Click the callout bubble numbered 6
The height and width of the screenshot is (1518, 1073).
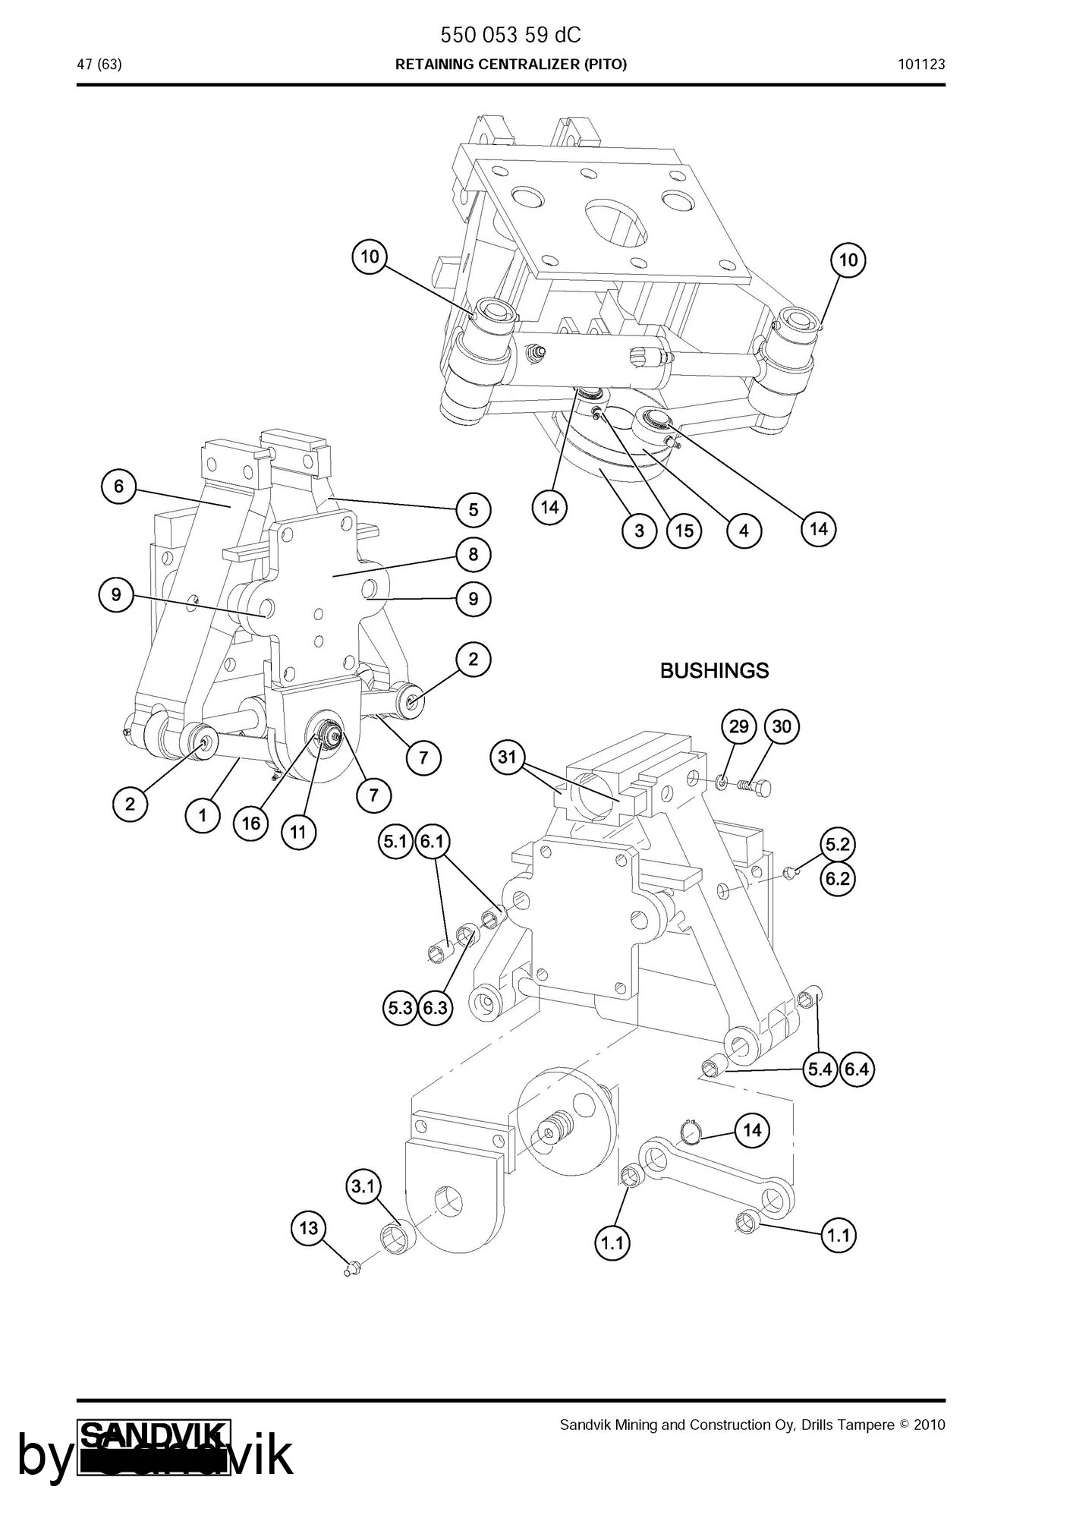click(x=118, y=486)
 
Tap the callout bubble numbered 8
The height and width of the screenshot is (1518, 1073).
click(x=474, y=555)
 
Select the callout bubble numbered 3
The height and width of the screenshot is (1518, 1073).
click(x=639, y=531)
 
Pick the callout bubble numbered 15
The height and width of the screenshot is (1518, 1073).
click(x=684, y=531)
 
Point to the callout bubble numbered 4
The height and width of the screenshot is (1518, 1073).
click(x=744, y=531)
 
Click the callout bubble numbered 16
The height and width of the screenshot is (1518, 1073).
click(x=251, y=823)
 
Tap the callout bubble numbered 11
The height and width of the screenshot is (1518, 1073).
click(x=298, y=832)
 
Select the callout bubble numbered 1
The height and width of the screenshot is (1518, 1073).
click(x=203, y=816)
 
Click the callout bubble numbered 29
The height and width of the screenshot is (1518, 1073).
click(x=738, y=727)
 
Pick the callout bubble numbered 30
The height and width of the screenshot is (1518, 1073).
click(x=782, y=727)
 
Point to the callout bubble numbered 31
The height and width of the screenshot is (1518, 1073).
click(x=508, y=757)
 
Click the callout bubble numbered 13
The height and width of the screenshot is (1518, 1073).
click(x=309, y=1228)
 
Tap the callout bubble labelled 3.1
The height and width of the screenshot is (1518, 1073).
click(x=363, y=1186)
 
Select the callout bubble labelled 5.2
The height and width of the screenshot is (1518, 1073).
click(x=837, y=845)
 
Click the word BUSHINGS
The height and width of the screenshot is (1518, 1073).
click(x=714, y=671)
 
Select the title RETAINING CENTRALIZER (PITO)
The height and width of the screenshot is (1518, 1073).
click(x=511, y=65)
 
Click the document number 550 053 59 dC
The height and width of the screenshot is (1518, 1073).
click(x=511, y=35)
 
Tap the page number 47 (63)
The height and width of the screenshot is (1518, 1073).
click(x=99, y=65)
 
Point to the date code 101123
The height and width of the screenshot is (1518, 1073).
click(x=922, y=65)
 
